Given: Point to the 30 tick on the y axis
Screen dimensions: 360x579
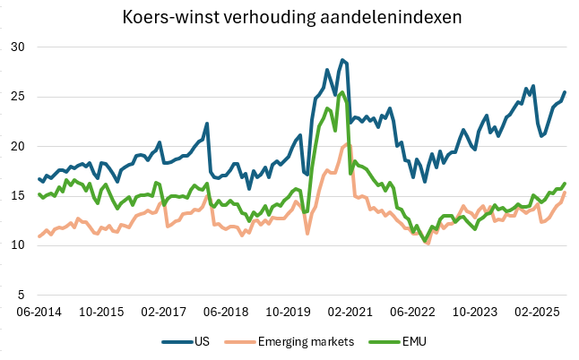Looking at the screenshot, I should pyautogui.click(x=15, y=47).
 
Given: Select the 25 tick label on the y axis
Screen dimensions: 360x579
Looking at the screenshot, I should pyautogui.click(x=15, y=97).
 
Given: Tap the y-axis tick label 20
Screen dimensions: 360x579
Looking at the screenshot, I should pyautogui.click(x=15, y=146).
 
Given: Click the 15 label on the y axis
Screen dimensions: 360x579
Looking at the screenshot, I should pyautogui.click(x=15, y=195).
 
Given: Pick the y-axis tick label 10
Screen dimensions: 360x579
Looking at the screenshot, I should pyautogui.click(x=15, y=244).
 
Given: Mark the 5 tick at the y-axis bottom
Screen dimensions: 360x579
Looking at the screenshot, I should pyautogui.click(x=19, y=294).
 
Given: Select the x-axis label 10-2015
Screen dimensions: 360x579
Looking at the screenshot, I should pyautogui.click(x=101, y=312).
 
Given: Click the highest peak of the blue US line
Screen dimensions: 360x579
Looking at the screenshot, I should pyautogui.click(x=342, y=60).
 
